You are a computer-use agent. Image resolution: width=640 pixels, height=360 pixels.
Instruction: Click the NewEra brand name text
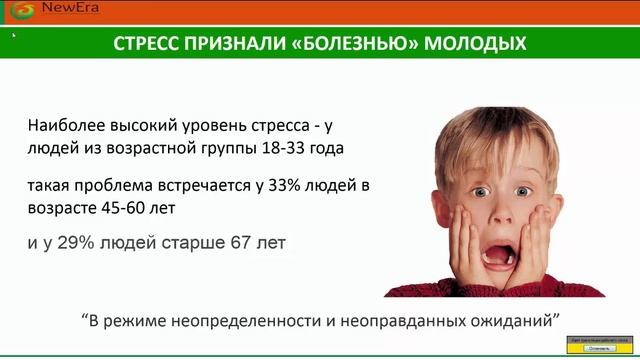(57, 10)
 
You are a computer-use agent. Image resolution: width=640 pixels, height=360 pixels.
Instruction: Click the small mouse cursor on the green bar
(13, 36)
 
